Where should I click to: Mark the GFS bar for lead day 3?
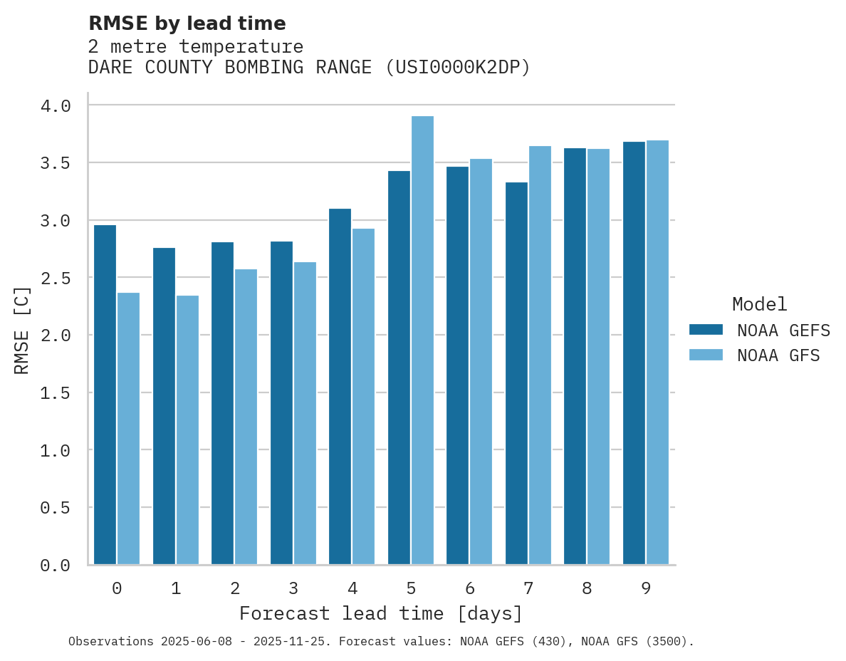coord(305,413)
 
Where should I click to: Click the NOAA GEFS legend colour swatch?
coord(706,330)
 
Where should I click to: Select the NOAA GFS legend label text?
coord(778,355)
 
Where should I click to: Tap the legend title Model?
coord(759,305)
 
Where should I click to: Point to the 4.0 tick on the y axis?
coord(56,106)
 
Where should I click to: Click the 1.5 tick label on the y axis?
coord(56,393)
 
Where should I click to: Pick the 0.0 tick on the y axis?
coord(56,566)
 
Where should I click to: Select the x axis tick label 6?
coord(469,588)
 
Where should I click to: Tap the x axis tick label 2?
coord(234,588)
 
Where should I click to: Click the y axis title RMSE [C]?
coord(23,330)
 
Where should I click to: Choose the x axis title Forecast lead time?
coord(381,614)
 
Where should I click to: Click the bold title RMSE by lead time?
coord(187,24)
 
